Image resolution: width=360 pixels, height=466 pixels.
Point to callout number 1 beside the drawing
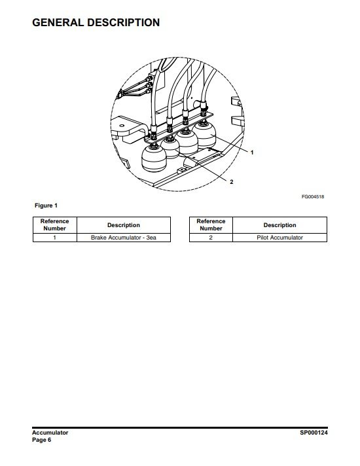tap(252, 152)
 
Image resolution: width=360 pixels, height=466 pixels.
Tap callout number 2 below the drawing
tap(232, 182)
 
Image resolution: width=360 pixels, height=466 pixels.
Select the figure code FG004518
tap(313, 197)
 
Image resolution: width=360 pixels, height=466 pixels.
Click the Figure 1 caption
tap(46, 206)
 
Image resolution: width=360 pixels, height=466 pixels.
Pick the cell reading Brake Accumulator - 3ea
tap(124, 238)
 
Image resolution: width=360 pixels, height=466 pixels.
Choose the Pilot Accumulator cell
tap(279, 238)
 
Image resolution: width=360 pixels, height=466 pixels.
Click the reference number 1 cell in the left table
tap(55, 238)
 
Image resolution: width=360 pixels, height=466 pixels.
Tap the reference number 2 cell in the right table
tap(211, 238)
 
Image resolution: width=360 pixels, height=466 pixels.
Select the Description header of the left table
tap(124, 225)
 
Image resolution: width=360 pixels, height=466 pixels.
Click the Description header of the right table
tap(279, 225)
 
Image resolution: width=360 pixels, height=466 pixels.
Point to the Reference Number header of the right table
tap(211, 225)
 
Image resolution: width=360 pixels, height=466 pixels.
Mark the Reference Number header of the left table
tap(55, 225)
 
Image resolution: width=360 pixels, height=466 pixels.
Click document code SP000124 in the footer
tap(314, 433)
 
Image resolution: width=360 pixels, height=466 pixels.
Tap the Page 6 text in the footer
tap(42, 440)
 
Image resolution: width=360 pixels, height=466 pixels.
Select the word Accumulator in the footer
tap(50, 433)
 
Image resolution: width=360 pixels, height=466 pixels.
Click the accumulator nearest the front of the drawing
tap(154, 158)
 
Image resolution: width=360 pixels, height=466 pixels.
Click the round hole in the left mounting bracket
tap(122, 126)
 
